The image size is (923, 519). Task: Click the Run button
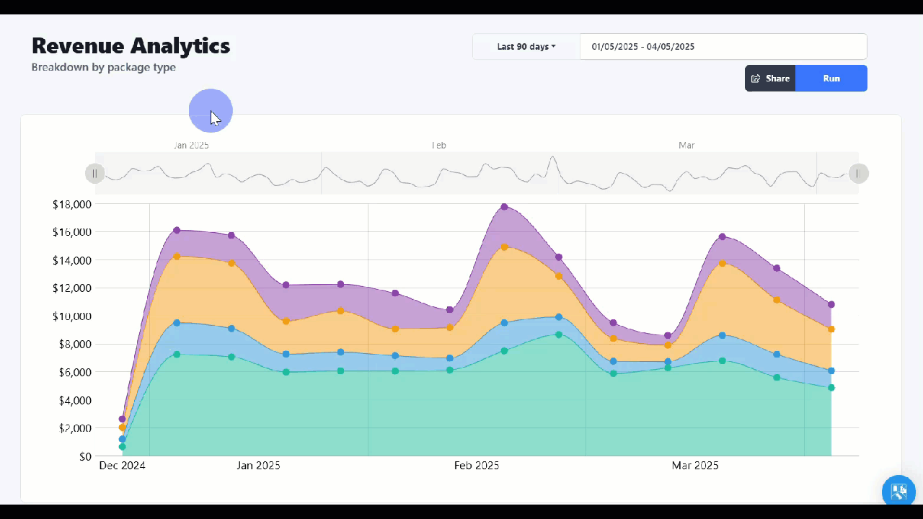(x=831, y=79)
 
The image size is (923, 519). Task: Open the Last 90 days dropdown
(x=526, y=47)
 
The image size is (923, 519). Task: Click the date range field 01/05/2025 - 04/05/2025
(x=723, y=47)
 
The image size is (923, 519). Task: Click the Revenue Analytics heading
(x=131, y=46)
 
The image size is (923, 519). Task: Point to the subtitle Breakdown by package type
(x=104, y=68)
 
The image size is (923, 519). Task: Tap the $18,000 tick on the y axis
(x=72, y=205)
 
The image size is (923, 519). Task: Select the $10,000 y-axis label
(x=72, y=316)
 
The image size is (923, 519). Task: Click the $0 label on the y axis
(x=85, y=456)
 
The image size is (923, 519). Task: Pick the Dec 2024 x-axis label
(x=122, y=466)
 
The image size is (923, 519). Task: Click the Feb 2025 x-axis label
(x=477, y=466)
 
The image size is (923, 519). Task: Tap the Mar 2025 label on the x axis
(x=695, y=466)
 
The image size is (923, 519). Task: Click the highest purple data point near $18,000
(x=504, y=207)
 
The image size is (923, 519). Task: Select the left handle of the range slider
(x=95, y=174)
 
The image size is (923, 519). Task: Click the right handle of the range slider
(x=858, y=174)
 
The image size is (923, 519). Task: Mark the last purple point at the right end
(x=831, y=305)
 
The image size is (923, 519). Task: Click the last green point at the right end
(x=831, y=388)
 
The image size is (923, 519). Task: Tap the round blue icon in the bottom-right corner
(x=898, y=492)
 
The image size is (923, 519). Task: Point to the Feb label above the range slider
(x=438, y=146)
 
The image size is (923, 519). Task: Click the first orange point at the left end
(x=123, y=428)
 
